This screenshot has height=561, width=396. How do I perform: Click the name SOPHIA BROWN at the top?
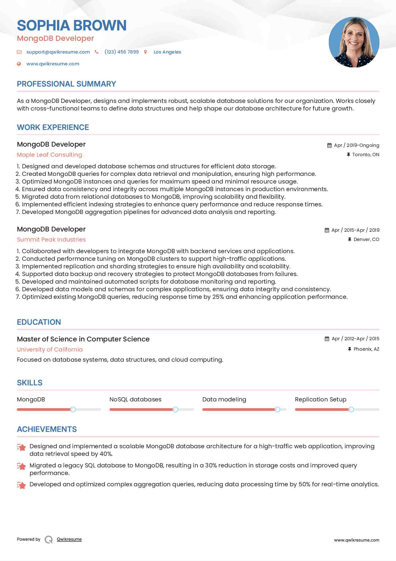(x=72, y=25)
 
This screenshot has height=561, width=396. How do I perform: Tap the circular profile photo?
(x=354, y=42)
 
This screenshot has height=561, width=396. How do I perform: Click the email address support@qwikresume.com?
(x=58, y=52)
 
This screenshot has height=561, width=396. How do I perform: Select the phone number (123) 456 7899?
(x=122, y=52)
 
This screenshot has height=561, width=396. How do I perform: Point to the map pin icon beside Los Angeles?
(x=146, y=52)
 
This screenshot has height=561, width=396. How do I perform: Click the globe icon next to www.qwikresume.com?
(x=19, y=64)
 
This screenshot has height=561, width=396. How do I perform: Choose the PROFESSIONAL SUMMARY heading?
(x=66, y=84)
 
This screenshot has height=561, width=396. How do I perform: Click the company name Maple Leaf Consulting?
(x=50, y=155)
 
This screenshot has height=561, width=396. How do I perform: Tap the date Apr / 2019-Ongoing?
(x=356, y=145)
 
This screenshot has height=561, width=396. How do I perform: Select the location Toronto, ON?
(x=366, y=154)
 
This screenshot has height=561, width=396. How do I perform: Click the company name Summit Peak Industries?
(x=51, y=240)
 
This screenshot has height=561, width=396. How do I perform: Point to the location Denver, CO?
(x=366, y=239)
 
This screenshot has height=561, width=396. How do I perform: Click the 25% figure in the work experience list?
(x=218, y=297)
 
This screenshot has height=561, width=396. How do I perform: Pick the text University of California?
(x=50, y=350)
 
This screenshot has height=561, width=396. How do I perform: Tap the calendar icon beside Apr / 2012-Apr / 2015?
(x=327, y=339)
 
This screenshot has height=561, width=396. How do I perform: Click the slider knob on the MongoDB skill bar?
(x=73, y=409)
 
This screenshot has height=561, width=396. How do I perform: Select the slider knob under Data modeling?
(x=277, y=409)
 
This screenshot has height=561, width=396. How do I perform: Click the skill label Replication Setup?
(x=321, y=399)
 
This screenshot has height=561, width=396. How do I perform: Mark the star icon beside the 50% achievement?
(x=21, y=485)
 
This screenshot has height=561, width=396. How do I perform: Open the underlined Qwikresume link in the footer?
(x=69, y=539)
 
